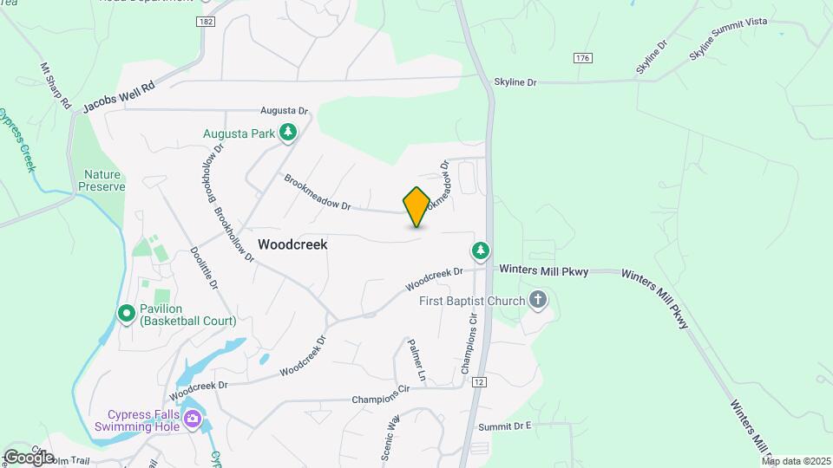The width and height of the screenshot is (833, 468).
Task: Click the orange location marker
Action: coord(416,206)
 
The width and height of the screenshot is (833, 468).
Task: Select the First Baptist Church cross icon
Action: coord(538,302)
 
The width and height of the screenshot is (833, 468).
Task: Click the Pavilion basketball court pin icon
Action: coord(126,312)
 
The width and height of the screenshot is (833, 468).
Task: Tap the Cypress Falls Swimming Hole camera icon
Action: coord(193,421)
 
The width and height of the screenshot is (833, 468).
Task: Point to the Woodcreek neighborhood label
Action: coord(292,244)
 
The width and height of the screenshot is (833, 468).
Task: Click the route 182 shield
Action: coord(205,21)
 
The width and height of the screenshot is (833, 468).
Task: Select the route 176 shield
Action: coord(582,57)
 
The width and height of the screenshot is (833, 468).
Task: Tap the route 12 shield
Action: coord(480,381)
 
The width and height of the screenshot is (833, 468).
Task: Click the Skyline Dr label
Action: coord(515,82)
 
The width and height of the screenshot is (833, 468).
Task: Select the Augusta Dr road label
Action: coord(285,111)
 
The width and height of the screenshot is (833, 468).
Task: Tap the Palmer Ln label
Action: coord(416,361)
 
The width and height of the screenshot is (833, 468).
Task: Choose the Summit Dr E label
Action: coord(504,426)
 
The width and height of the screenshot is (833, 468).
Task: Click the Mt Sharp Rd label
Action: coord(56,85)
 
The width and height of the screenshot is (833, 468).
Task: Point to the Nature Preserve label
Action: coord(102,180)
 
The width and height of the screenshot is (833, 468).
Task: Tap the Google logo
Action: coord(28,457)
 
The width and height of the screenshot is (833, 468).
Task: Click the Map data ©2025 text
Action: coord(797,460)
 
